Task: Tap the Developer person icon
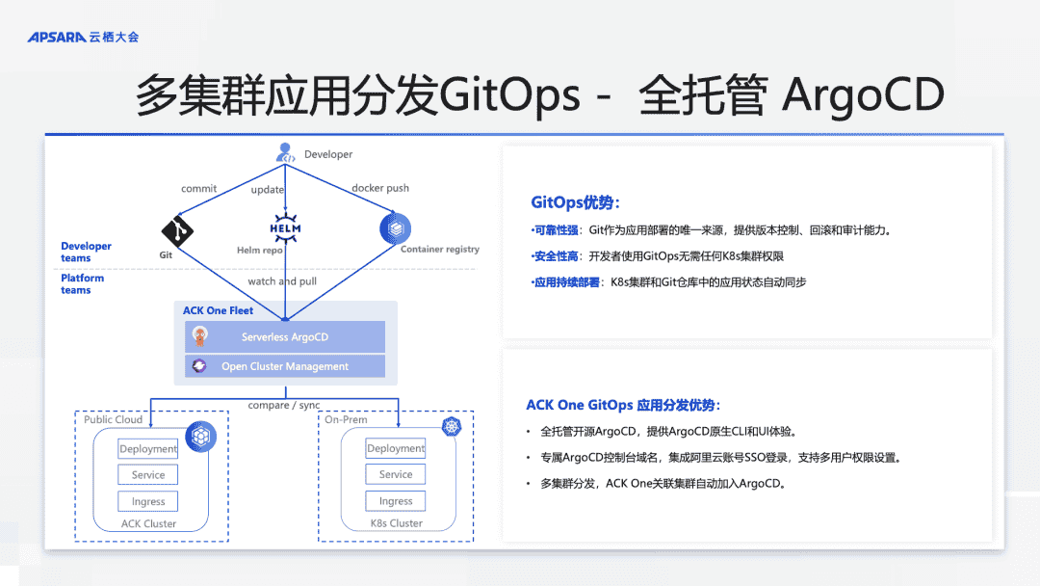click(x=285, y=152)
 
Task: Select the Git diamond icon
click(x=177, y=230)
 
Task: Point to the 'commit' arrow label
click(x=198, y=189)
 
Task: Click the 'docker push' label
click(x=380, y=189)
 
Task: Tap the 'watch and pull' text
click(x=282, y=281)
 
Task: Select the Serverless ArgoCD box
click(x=285, y=337)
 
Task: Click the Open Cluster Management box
click(x=285, y=366)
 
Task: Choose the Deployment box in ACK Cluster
click(x=148, y=449)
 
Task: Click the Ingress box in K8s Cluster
click(x=396, y=501)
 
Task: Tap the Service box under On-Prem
click(x=396, y=474)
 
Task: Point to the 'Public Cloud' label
click(x=113, y=419)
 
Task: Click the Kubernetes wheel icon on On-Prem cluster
click(x=452, y=426)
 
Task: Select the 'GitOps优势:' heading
click(x=575, y=202)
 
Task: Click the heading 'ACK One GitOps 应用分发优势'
click(x=623, y=405)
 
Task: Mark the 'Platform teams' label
click(x=83, y=283)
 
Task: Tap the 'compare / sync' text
click(x=284, y=405)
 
